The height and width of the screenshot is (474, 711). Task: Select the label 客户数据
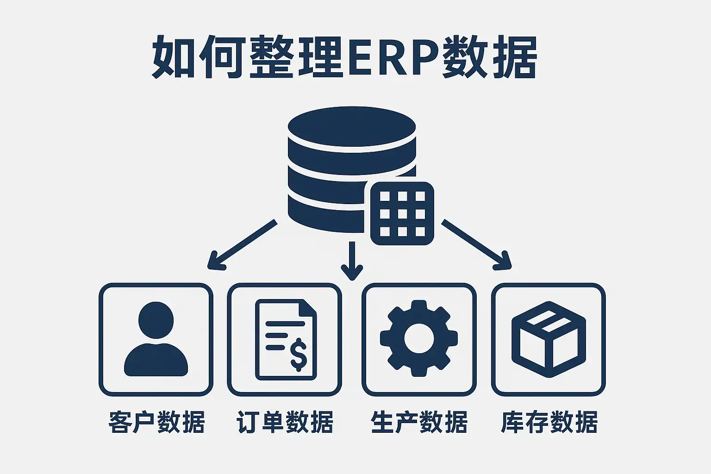click(156, 422)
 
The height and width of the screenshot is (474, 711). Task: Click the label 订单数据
click(285, 422)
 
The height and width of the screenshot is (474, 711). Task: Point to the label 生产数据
click(419, 422)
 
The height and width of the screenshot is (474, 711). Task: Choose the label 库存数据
click(549, 422)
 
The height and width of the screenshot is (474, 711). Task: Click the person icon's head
click(156, 320)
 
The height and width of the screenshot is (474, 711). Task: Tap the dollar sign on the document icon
click(299, 354)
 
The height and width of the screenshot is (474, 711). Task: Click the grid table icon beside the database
click(402, 213)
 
